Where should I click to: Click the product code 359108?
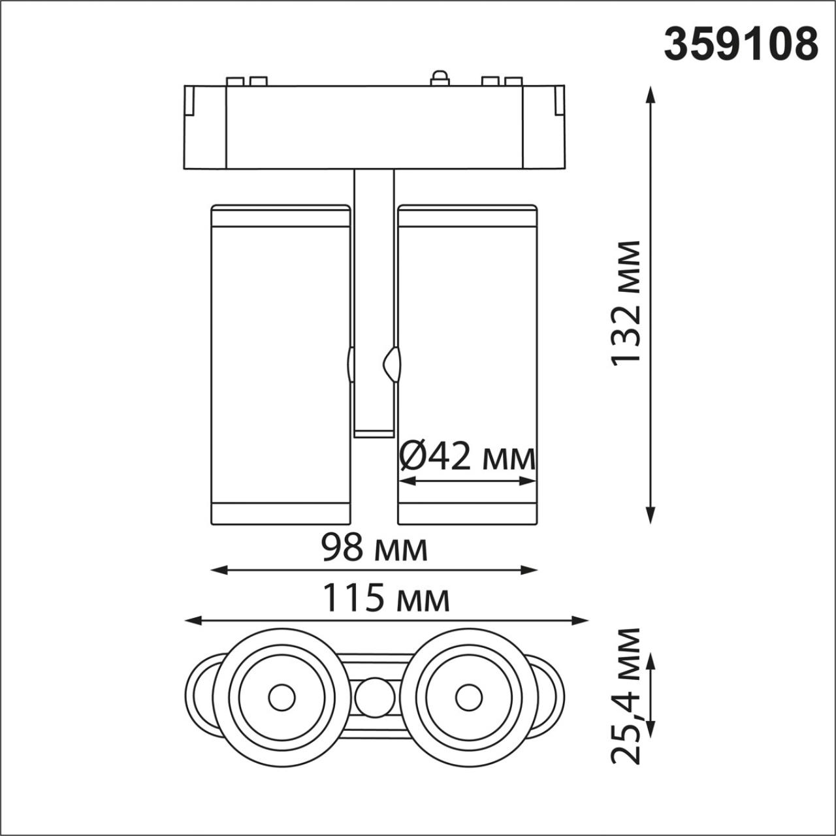click(741, 44)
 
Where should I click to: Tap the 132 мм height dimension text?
click(625, 303)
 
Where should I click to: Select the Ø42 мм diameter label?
click(467, 457)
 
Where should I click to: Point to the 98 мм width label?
click(374, 547)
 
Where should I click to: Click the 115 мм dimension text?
click(387, 598)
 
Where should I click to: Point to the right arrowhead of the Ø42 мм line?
click(530, 481)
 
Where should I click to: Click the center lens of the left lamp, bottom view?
click(281, 698)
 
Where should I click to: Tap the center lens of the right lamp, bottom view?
click(468, 698)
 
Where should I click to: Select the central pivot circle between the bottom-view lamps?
click(375, 698)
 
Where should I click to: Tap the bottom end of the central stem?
click(374, 432)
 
